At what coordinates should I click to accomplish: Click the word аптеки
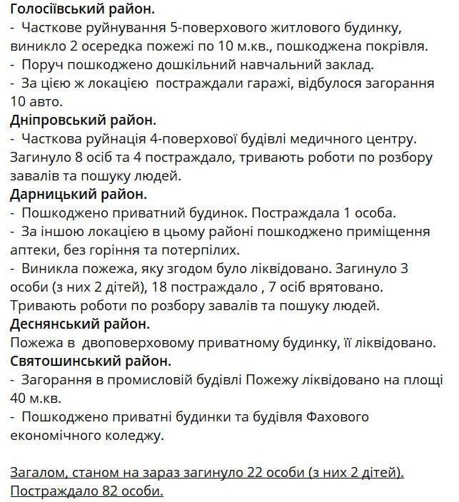click(x=33, y=250)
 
